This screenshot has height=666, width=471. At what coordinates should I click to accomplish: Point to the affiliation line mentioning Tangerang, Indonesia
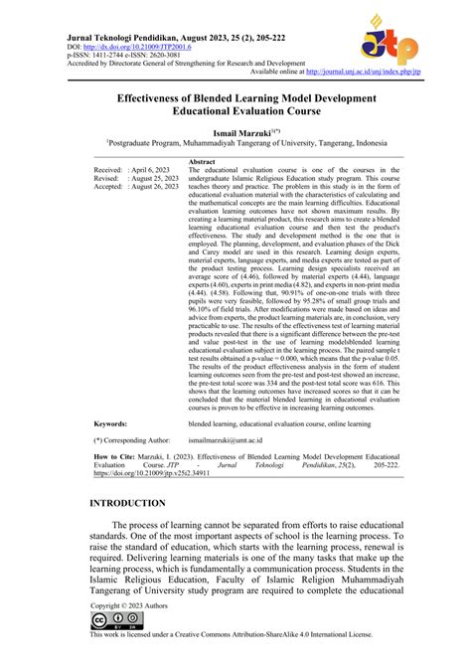point(235,143)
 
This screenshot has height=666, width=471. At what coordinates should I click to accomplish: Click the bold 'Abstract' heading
point(202,161)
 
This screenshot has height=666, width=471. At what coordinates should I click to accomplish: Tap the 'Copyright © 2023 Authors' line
point(130,605)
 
